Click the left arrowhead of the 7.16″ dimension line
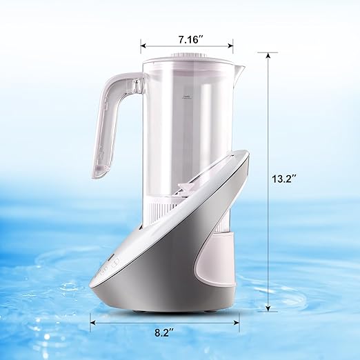[143, 46]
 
